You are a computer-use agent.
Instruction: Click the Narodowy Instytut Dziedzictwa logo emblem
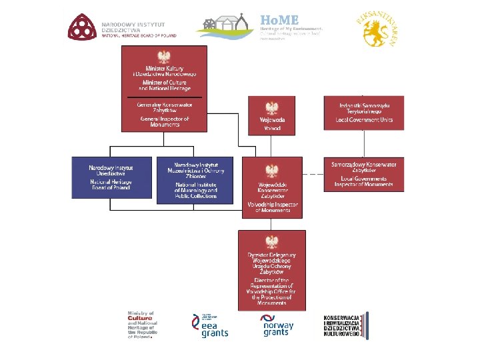pyautogui.click(x=81, y=27)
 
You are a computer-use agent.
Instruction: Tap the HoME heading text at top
pyautogui.click(x=279, y=20)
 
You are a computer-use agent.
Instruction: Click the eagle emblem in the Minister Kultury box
pyautogui.click(x=164, y=57)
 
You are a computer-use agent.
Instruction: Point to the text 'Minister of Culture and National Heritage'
pyautogui.click(x=164, y=85)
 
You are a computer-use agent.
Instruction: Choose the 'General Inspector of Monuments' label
pyautogui.click(x=164, y=121)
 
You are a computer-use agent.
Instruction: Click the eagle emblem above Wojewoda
pyautogui.click(x=271, y=108)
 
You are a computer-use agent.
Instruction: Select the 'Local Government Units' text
pyautogui.click(x=364, y=120)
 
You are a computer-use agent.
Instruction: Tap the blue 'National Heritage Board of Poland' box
pyautogui.click(x=111, y=177)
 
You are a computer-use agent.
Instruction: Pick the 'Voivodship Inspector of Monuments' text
pyautogui.click(x=272, y=207)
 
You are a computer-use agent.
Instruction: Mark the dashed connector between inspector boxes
pyautogui.click(x=313, y=175)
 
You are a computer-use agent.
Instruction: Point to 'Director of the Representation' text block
pyautogui.click(x=272, y=291)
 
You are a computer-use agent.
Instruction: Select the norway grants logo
pyautogui.click(x=276, y=325)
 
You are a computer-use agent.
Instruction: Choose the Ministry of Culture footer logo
pyautogui.click(x=141, y=325)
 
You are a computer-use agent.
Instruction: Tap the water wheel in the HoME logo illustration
pyautogui.click(x=211, y=26)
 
